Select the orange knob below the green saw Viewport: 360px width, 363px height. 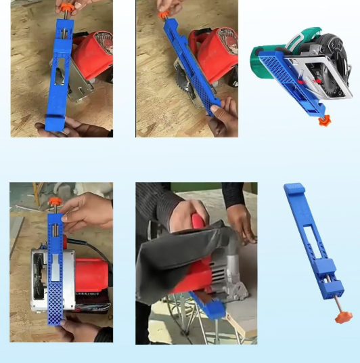(325, 121)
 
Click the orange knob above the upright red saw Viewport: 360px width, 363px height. (54, 202)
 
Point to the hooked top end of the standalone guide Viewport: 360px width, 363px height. (290, 190)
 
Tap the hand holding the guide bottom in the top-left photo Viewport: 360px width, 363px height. (64, 127)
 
